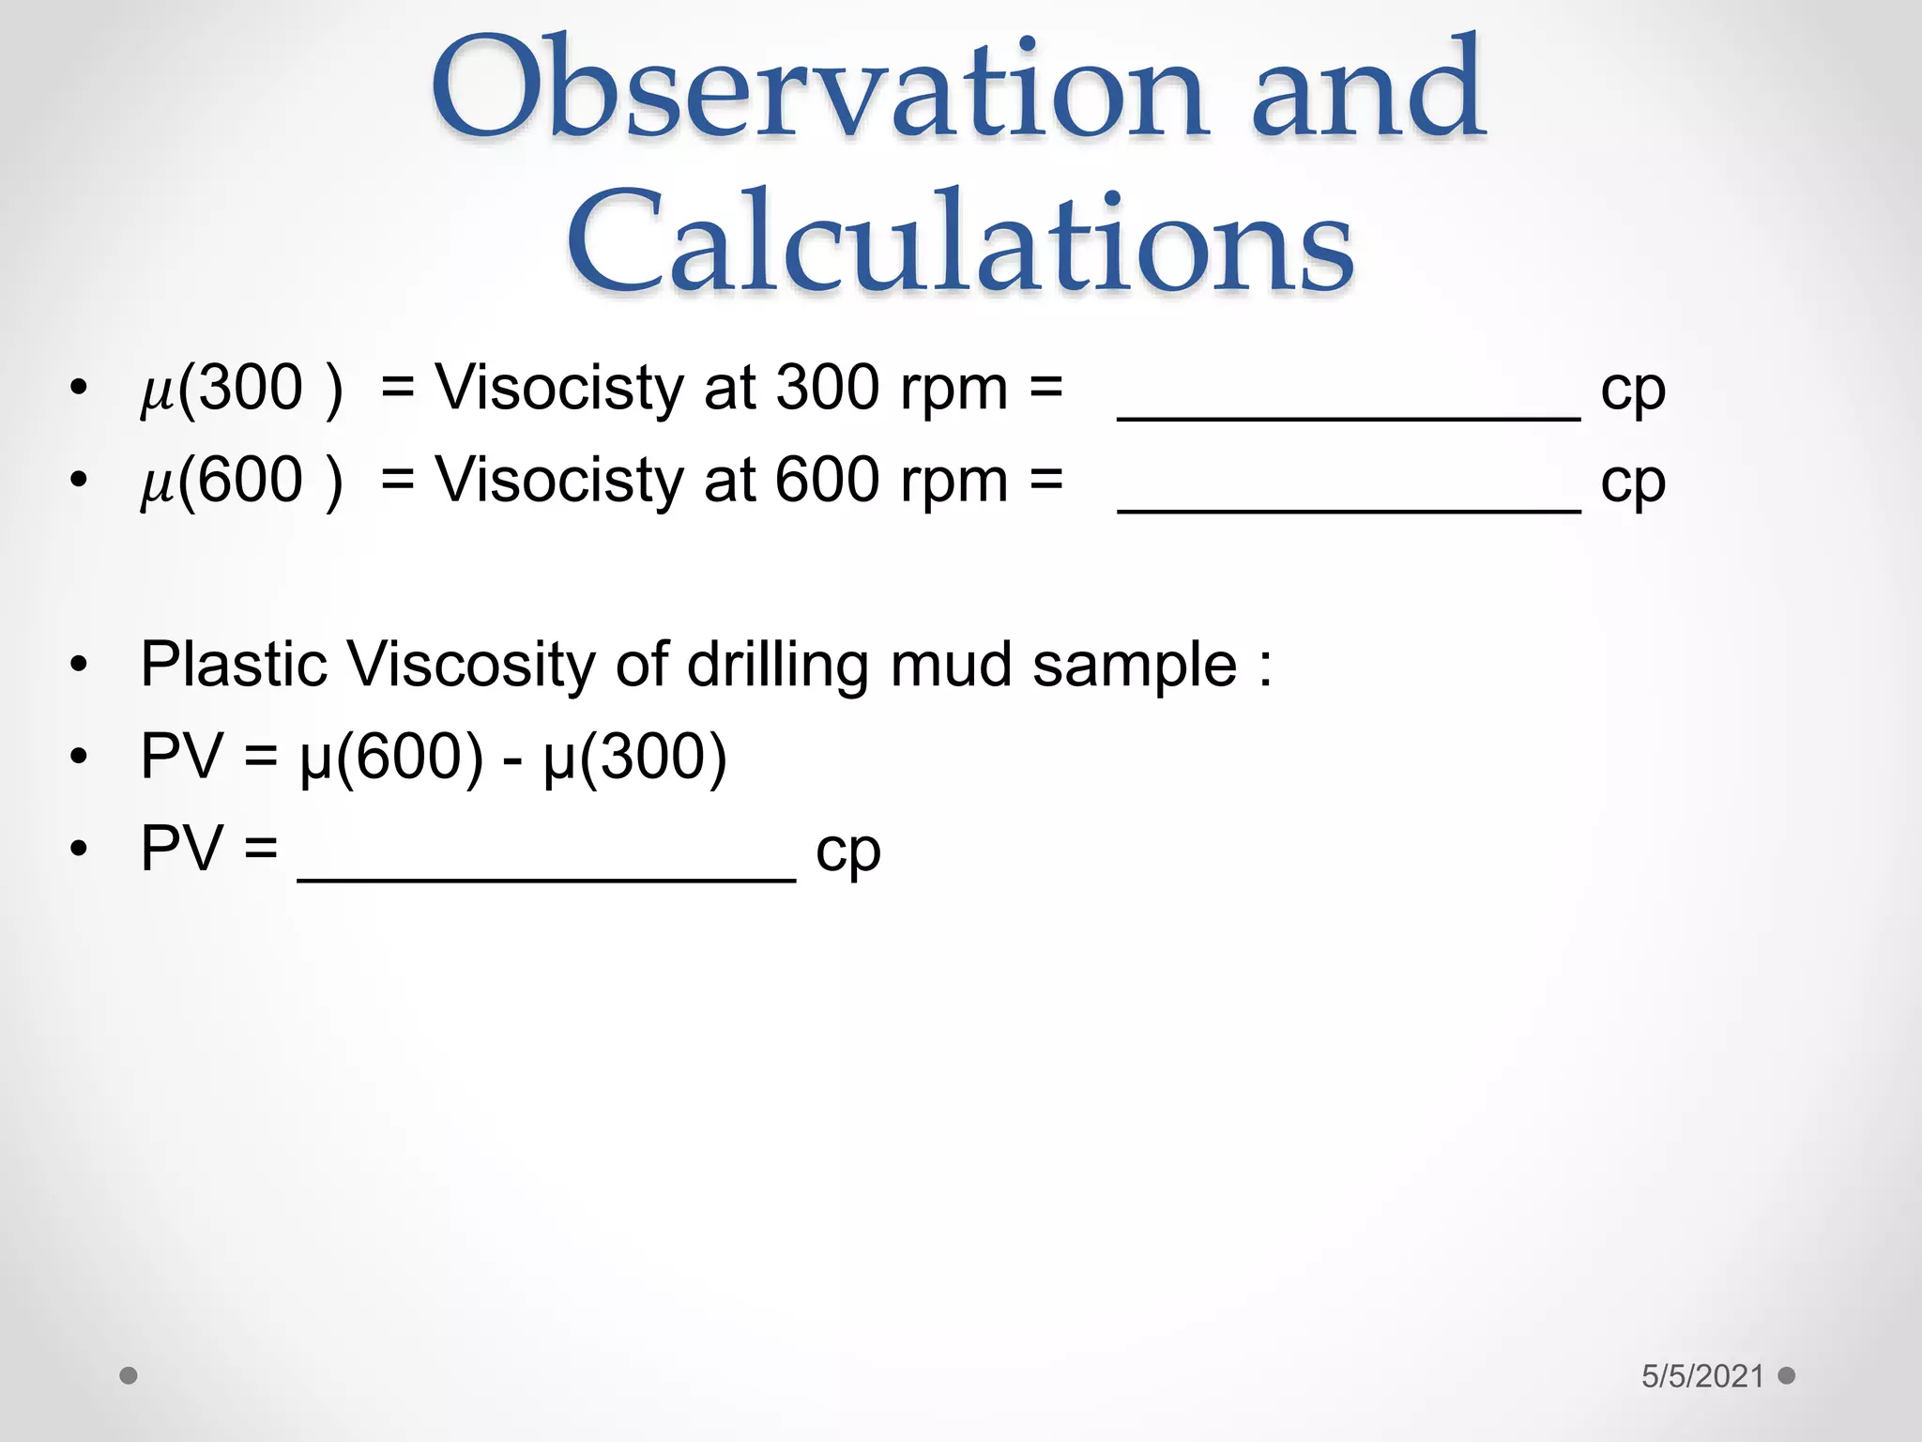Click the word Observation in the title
point(816,89)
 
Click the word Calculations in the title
point(960,242)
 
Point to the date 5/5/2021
point(1702,1376)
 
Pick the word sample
point(1135,665)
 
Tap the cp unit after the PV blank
point(848,851)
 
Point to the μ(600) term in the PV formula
point(391,757)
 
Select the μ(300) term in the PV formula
point(634,757)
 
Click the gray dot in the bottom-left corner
point(129,1376)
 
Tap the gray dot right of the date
point(1787,1375)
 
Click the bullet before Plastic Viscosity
point(79,665)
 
